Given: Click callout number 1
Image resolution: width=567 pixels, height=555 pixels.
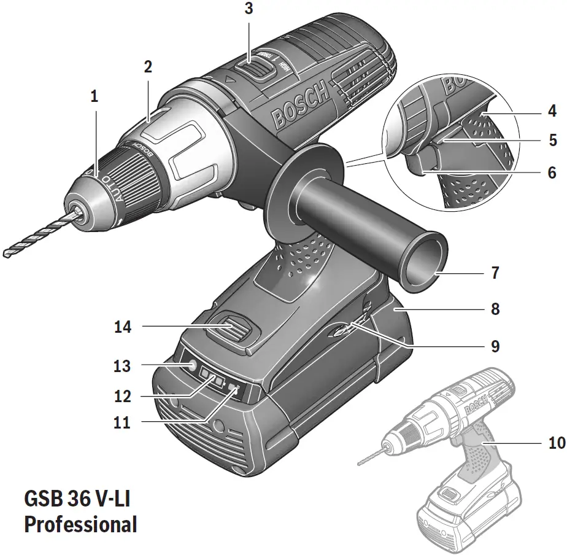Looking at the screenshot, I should pyautogui.click(x=94, y=96).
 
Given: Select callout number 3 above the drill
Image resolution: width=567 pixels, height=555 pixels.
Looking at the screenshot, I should pyautogui.click(x=247, y=9).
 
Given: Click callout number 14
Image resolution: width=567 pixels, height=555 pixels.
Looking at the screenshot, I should pyautogui.click(x=123, y=327).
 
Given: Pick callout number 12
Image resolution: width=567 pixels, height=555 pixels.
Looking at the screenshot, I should pyautogui.click(x=123, y=397).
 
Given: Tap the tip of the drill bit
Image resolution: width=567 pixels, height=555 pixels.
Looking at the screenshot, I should pyautogui.click(x=7, y=253).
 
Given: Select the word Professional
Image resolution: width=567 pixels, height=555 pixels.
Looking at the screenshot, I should pyautogui.click(x=80, y=524).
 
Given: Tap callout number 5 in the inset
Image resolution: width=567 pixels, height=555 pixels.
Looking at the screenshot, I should pyautogui.click(x=553, y=141).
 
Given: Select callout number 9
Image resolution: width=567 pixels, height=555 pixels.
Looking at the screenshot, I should pyautogui.click(x=495, y=346).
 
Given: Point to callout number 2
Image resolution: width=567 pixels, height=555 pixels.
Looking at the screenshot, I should pyautogui.click(x=148, y=67).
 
